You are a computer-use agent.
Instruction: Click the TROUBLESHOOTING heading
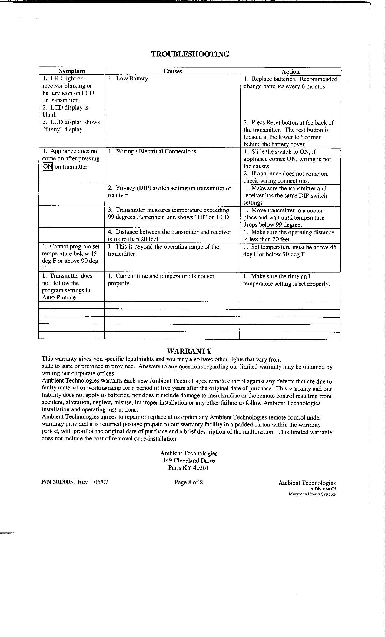point(190,54)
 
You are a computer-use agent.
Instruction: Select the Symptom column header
point(72,71)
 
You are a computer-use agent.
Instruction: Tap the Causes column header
point(173,71)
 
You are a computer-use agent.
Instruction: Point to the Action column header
point(290,72)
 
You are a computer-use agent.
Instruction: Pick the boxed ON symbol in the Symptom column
point(48,167)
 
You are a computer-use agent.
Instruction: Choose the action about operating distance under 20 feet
point(288,236)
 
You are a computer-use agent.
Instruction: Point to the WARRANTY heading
point(189,351)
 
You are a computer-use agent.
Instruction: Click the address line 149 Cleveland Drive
point(189,460)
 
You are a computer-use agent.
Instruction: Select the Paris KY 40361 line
point(189,468)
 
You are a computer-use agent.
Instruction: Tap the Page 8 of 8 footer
point(188,482)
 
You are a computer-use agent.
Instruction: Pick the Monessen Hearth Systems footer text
point(312,494)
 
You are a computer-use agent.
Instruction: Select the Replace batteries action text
point(290,83)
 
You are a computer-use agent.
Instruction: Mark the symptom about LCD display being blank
point(65,111)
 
